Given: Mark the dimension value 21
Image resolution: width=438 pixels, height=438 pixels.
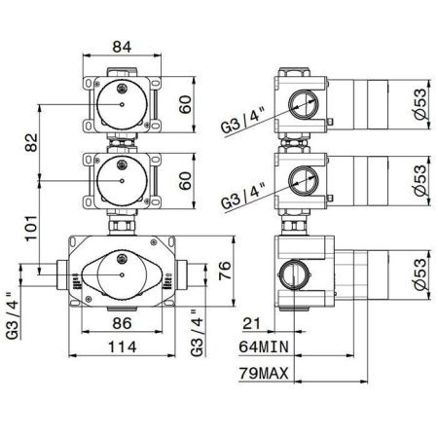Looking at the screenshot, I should click(x=251, y=323).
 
